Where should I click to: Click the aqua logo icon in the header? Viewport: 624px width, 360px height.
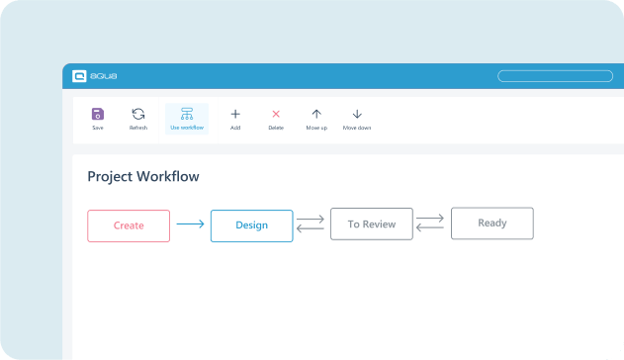(80, 76)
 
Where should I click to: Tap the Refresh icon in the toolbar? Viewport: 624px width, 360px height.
(138, 115)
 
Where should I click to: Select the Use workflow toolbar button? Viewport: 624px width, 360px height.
(187, 119)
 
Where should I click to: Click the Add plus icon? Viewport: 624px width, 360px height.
(235, 115)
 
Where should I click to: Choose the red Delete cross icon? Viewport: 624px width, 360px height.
(276, 115)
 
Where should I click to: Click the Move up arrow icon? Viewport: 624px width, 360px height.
(316, 115)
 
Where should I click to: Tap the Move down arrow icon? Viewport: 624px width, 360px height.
(357, 115)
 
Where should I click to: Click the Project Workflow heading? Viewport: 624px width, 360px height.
(143, 177)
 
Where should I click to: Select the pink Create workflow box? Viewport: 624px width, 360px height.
(129, 225)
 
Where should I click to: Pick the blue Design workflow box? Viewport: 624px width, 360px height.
(251, 225)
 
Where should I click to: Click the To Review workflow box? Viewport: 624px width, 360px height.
(371, 225)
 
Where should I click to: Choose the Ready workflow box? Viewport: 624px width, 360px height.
(491, 224)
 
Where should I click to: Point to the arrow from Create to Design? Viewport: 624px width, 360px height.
(190, 225)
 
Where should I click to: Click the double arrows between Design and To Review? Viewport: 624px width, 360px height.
(311, 225)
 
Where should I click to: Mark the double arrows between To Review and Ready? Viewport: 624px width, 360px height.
(430, 223)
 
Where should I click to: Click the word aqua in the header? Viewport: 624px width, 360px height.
(104, 76)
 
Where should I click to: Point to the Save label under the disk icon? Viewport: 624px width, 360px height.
(97, 129)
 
